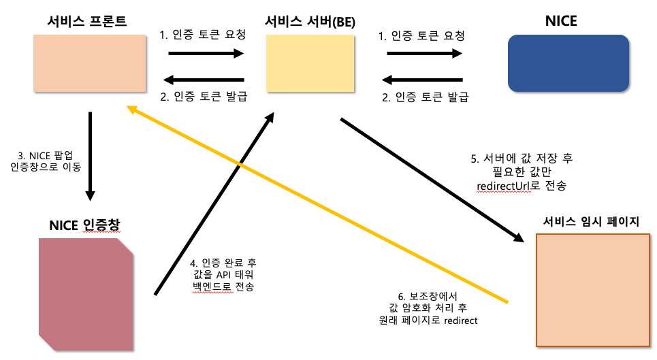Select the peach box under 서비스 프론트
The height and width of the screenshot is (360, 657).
click(x=91, y=63)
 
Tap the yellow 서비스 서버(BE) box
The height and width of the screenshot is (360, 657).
click(x=310, y=63)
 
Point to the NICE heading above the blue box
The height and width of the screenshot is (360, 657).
click(x=561, y=21)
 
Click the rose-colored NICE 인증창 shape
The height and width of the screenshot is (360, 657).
click(x=86, y=293)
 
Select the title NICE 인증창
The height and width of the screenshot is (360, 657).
click(x=84, y=225)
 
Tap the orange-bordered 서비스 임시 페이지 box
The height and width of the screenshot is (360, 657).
click(x=592, y=289)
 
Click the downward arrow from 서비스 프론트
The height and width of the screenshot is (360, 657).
click(x=90, y=157)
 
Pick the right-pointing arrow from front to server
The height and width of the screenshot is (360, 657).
click(x=206, y=54)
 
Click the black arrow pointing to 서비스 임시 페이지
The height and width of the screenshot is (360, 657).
click(x=432, y=180)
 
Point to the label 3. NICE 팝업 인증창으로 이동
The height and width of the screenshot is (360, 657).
click(x=46, y=161)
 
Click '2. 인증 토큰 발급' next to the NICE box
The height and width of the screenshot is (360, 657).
click(x=426, y=97)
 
